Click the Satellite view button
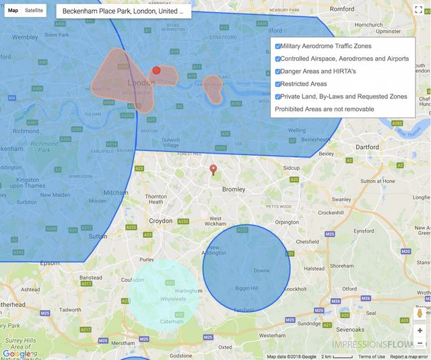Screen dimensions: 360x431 [x=34, y=11]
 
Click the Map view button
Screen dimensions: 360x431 [x=13, y=11]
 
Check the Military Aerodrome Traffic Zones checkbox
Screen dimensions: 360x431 [x=278, y=46]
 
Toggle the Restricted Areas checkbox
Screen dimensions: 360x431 [x=278, y=84]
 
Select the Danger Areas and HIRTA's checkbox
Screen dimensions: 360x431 [x=278, y=71]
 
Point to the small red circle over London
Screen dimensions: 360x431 [x=157, y=70]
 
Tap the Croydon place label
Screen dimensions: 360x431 [x=160, y=220]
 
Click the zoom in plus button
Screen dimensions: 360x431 [x=420, y=330]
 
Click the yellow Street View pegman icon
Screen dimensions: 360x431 [x=420, y=313]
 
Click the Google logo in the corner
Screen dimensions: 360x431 [x=16, y=353]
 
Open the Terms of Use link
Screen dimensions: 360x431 [x=372, y=357]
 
